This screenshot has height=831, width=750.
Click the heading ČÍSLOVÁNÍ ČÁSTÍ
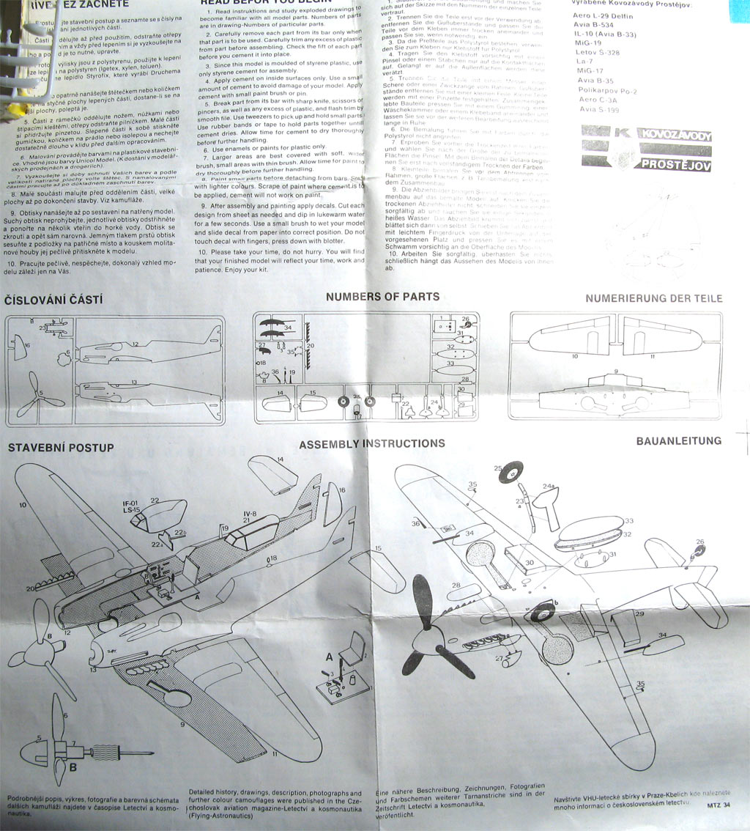coord(53,300)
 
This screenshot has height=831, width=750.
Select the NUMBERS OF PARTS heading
coord(382,297)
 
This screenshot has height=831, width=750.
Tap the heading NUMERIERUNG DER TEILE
coord(653,298)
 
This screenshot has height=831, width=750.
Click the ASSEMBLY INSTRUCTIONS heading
coord(371,443)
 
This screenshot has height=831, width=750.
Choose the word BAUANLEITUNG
coord(678,440)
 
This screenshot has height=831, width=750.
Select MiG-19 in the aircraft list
coord(590,43)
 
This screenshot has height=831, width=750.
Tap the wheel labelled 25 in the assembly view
coord(510,472)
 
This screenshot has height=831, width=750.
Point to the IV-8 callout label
coord(249,514)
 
